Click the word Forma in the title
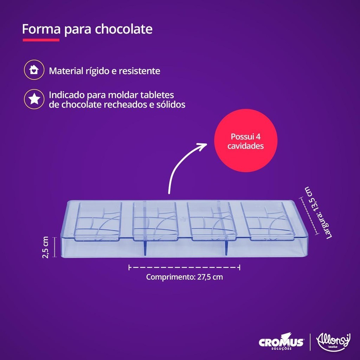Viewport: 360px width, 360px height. [x=41, y=29]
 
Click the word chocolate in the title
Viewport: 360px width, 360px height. [x=123, y=29]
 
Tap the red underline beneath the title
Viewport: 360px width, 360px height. [x=41, y=40]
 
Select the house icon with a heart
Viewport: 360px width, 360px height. [x=34, y=70]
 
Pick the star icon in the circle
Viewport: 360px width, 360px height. [x=34, y=99]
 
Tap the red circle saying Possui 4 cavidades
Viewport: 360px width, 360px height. [x=246, y=141]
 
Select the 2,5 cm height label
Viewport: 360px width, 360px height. [x=45, y=247]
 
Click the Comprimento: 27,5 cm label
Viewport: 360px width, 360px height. [x=184, y=277]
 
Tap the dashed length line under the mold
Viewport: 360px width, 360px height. [x=184, y=267]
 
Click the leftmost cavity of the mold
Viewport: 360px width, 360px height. [x=98, y=221]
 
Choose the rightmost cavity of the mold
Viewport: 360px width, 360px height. [x=268, y=221]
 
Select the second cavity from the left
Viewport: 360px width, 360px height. [x=155, y=221]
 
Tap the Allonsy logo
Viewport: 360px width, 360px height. [x=333, y=342]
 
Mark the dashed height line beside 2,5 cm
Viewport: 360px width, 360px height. [x=54, y=247]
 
